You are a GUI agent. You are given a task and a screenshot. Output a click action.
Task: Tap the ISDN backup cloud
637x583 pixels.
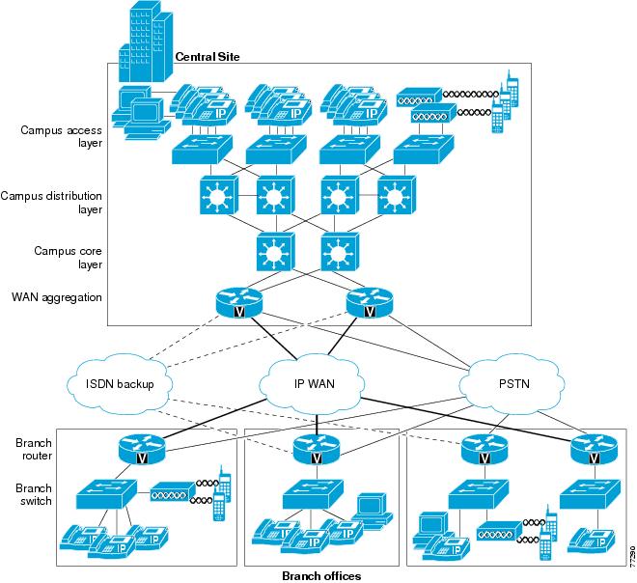(119, 384)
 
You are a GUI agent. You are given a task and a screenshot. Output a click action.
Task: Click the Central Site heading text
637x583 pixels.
(208, 57)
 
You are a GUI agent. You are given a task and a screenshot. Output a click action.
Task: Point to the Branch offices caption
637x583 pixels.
(321, 575)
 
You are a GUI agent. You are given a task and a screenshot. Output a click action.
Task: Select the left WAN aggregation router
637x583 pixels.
(239, 302)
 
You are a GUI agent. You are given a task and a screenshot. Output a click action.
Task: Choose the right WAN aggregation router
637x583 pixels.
(370, 302)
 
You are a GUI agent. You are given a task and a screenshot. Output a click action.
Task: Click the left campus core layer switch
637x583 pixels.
(276, 252)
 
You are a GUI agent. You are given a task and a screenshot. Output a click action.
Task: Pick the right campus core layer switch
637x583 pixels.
(340, 252)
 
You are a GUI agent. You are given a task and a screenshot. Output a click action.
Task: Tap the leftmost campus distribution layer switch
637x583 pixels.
(219, 195)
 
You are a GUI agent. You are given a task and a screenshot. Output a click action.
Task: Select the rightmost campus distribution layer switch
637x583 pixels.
(397, 195)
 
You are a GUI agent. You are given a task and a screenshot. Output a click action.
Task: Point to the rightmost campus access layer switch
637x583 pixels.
(424, 150)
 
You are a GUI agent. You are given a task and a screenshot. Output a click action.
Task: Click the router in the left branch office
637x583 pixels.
(142, 449)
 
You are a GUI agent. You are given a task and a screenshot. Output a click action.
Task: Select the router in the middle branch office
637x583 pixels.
(317, 449)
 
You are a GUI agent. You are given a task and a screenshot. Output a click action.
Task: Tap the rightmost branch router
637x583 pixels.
(594, 449)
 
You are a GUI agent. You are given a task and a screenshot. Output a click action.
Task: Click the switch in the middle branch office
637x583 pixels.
(313, 494)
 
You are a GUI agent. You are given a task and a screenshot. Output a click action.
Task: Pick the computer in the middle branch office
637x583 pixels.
(372, 511)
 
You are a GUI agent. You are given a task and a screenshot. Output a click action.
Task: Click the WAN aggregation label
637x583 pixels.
(57, 297)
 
